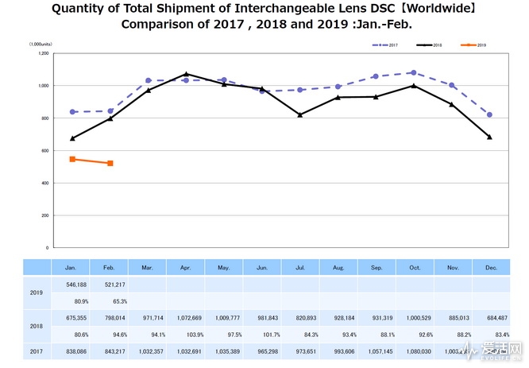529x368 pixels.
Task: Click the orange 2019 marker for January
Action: pyautogui.click(x=72, y=159)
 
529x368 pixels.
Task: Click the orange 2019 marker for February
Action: pyautogui.click(x=110, y=163)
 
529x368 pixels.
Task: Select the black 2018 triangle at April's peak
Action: pyautogui.click(x=186, y=74)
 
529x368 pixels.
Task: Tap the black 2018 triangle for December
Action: pyautogui.click(x=489, y=137)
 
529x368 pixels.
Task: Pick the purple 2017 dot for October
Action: pyautogui.click(x=413, y=72)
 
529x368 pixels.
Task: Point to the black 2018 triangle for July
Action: pyautogui.click(x=299, y=114)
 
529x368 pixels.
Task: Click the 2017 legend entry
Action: pyautogui.click(x=387, y=45)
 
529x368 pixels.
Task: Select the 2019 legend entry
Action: pyautogui.click(x=473, y=45)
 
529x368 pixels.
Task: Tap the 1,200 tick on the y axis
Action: pyautogui.click(x=43, y=53)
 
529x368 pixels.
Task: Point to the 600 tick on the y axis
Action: pyautogui.click(x=44, y=150)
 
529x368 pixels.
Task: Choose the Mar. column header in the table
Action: pyautogui.click(x=148, y=267)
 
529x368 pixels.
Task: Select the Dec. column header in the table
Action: pyautogui.click(x=489, y=267)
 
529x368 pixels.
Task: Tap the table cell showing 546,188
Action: pyautogui.click(x=72, y=284)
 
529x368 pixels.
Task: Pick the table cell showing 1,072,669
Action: pyautogui.click(x=186, y=316)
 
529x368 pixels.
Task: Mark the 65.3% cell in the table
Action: pyautogui.click(x=110, y=301)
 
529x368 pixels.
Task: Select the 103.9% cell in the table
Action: pyautogui.click(x=186, y=334)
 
